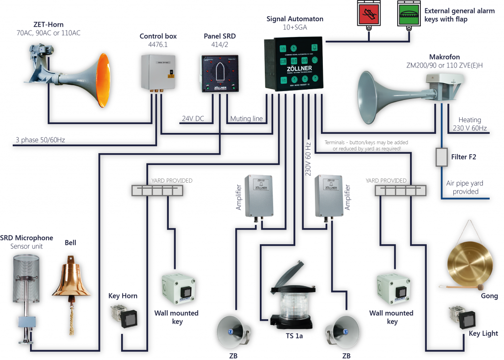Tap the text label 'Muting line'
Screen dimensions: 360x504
[x=245, y=119]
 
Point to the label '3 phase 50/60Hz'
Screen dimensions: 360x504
[x=40, y=140]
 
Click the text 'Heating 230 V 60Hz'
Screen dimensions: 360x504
[x=469, y=124]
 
